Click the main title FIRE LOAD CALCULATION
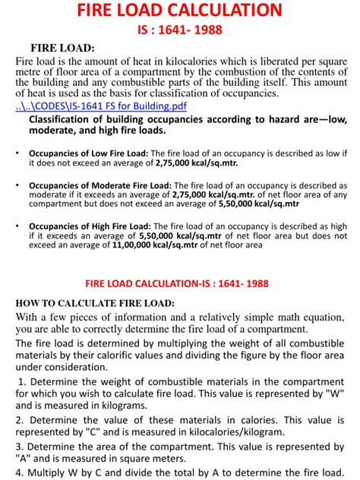[x=180, y=11]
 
